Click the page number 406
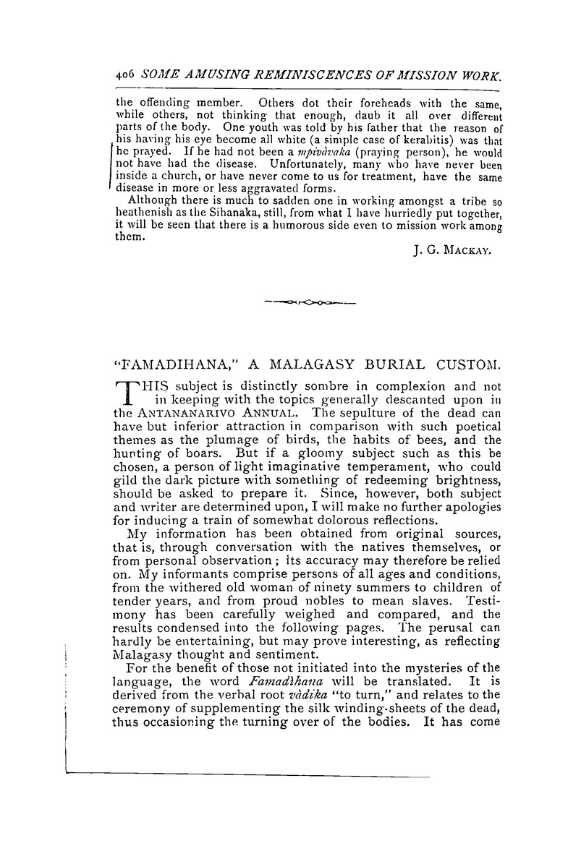(126, 76)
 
